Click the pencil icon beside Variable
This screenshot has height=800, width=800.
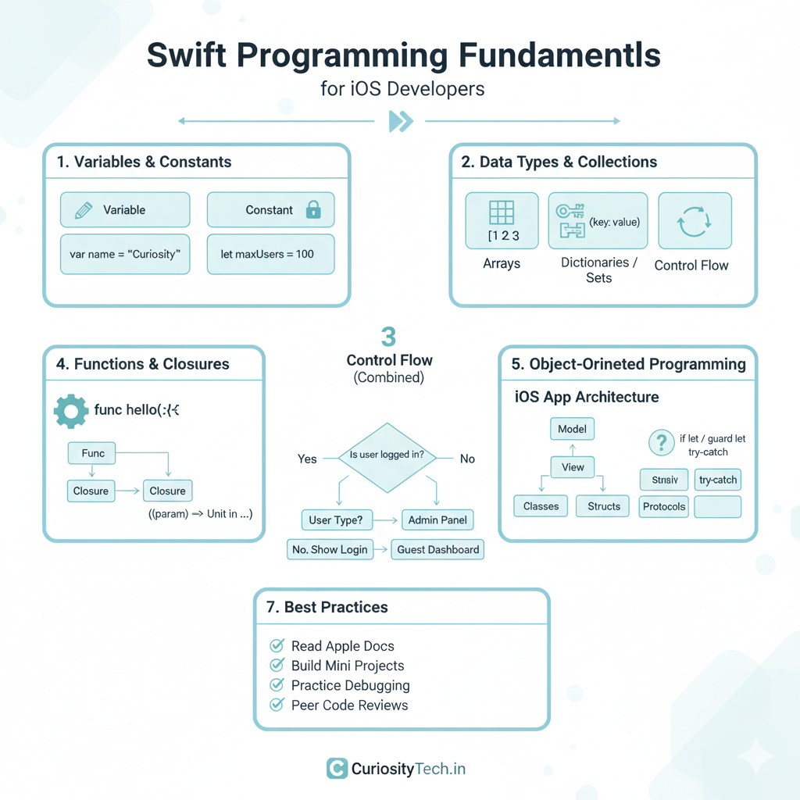click(83, 210)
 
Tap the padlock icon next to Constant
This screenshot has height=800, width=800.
click(313, 209)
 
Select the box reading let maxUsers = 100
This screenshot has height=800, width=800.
click(270, 255)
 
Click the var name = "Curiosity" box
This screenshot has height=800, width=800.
click(125, 255)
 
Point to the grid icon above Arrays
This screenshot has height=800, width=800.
click(502, 213)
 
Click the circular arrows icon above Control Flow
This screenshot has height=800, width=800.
click(695, 222)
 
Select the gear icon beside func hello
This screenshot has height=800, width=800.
click(71, 410)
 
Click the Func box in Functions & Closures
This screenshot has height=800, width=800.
click(93, 453)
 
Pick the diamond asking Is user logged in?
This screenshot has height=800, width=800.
click(387, 458)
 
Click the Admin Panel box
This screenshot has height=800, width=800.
click(437, 520)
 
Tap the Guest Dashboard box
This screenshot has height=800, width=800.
click(437, 549)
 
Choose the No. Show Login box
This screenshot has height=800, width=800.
click(330, 549)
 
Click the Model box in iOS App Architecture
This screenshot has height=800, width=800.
click(573, 429)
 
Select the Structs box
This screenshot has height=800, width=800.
click(604, 506)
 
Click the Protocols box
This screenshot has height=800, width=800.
click(664, 506)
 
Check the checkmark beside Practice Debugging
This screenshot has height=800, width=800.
click(277, 685)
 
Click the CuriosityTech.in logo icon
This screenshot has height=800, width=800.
click(337, 769)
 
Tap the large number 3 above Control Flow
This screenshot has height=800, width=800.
click(388, 337)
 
